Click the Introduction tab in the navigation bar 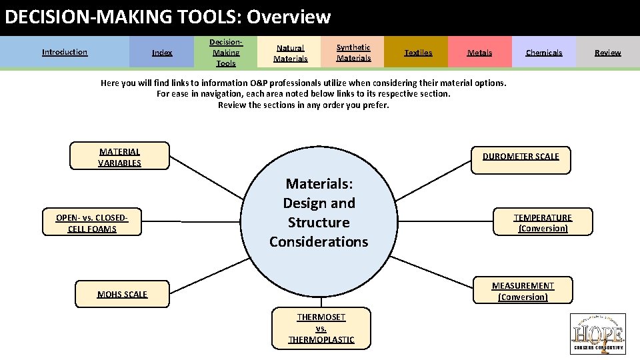click(x=65, y=52)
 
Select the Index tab click(x=162, y=53)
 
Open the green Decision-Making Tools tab click(x=225, y=53)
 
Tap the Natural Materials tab click(x=291, y=53)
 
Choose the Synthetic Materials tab click(x=353, y=53)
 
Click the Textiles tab click(x=418, y=53)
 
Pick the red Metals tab click(x=479, y=53)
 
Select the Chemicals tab click(x=543, y=53)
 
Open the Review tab click(x=607, y=53)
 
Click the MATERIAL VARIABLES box click(x=120, y=157)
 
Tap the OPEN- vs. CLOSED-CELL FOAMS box click(x=92, y=223)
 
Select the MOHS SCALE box click(x=122, y=294)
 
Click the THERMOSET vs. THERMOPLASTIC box click(x=321, y=327)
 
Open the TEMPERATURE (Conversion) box click(x=543, y=223)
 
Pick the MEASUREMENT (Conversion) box click(x=523, y=291)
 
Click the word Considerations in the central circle click(x=319, y=242)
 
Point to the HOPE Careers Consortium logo click(x=598, y=333)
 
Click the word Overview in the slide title click(x=289, y=17)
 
